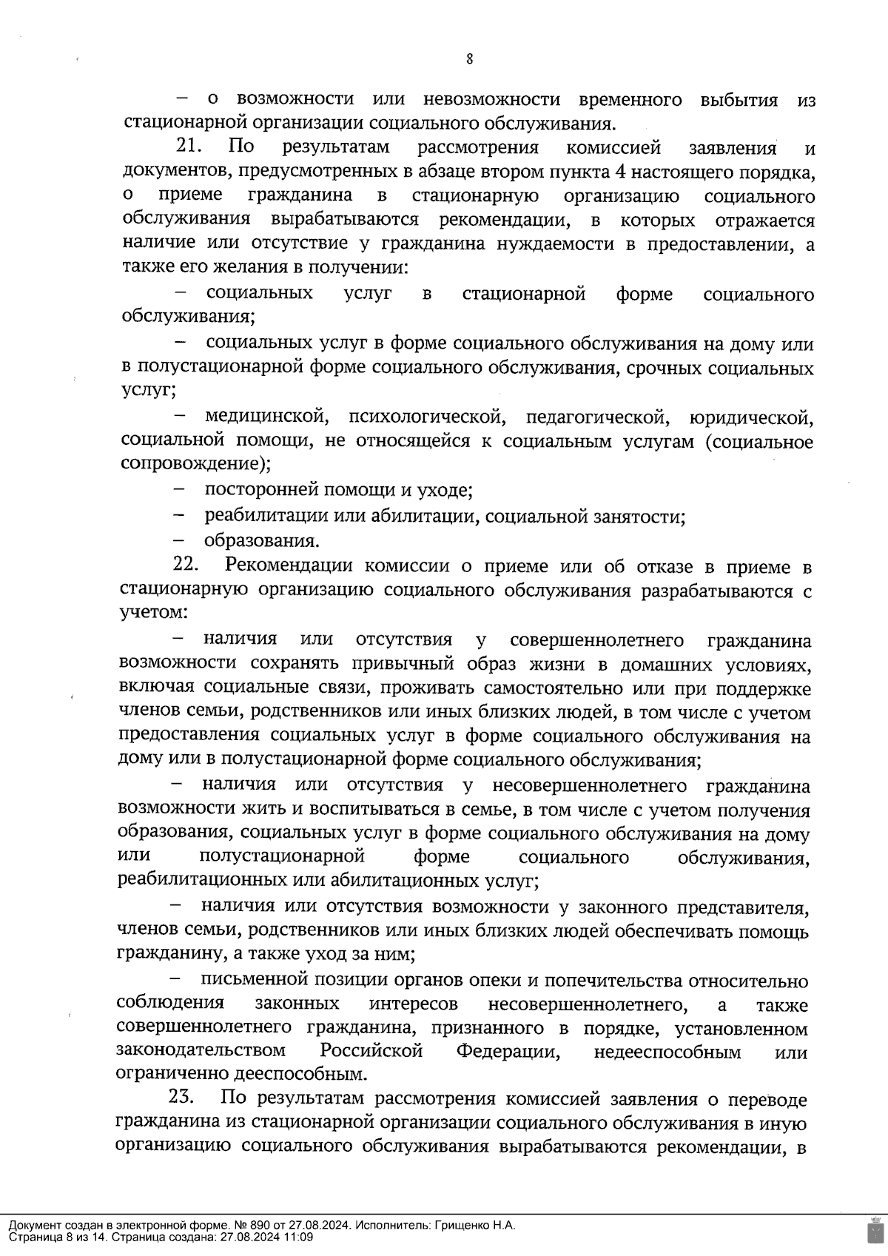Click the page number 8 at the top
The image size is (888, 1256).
pyautogui.click(x=469, y=60)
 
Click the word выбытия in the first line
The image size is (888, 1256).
pyautogui.click(x=737, y=99)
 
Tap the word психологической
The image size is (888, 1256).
pyautogui.click(x=428, y=417)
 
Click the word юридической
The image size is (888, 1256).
pyautogui.click(x=751, y=418)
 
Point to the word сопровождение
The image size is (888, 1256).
pyautogui.click(x=191, y=465)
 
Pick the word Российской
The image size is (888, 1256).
pyautogui.click(x=371, y=1051)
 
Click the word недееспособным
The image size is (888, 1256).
pyautogui.click(x=667, y=1052)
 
